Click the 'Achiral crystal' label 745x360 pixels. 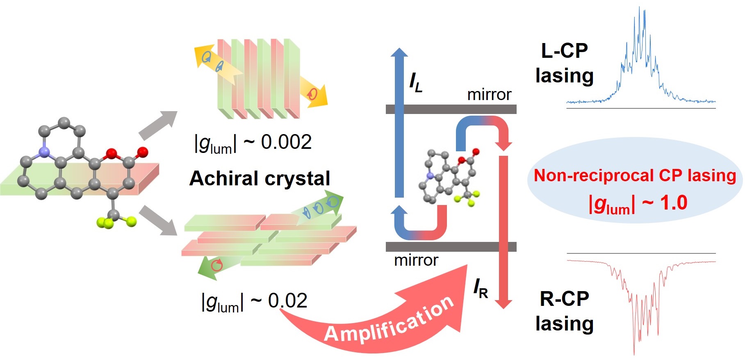click(260, 178)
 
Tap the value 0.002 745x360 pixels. click(286, 142)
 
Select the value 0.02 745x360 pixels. click(287, 301)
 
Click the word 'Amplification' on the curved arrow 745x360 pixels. click(389, 320)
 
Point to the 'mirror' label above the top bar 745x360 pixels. click(489, 95)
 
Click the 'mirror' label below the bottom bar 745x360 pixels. click(416, 260)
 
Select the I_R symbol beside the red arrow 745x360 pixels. click(481, 289)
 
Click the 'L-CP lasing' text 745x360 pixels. click(565, 63)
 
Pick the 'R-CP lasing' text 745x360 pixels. click(565, 311)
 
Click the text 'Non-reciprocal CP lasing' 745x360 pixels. click(635, 175)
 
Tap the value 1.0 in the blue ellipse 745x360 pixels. click(674, 203)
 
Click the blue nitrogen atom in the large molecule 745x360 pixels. click(44, 153)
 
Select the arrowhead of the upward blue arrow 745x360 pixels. click(399, 52)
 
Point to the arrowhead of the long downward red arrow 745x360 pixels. click(503, 304)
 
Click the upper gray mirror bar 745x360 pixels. click(451, 109)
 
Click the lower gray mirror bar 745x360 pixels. click(451, 246)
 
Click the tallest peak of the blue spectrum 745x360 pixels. click(640, 8)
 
